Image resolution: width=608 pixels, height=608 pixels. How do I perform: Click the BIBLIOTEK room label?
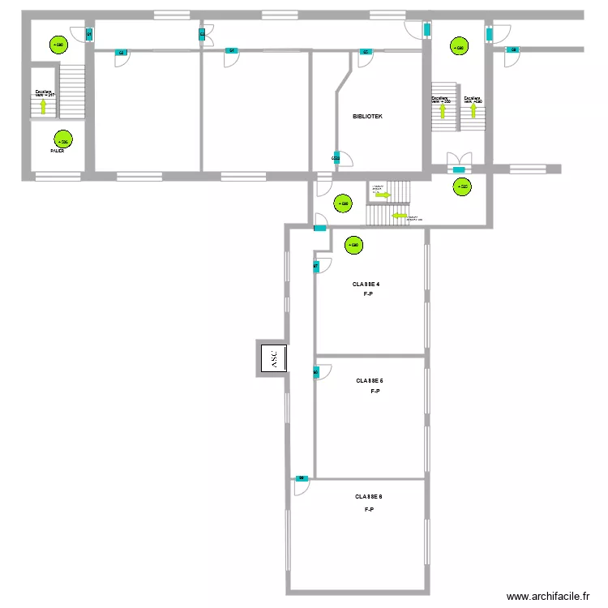pos(367,117)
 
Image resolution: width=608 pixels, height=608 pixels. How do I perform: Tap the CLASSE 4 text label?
pos(366,285)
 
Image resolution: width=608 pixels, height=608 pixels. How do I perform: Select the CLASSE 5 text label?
pos(370,380)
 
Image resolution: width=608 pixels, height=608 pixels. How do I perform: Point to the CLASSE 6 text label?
pos(368,497)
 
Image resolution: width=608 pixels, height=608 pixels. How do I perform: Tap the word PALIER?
pos(57,151)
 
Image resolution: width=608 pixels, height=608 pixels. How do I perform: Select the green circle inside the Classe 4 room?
pos(353,245)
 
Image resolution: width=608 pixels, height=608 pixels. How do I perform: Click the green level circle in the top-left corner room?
pos(57,45)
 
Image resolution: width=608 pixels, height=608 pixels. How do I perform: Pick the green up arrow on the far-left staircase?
pos(44,106)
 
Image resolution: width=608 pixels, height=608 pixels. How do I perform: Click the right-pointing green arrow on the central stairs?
pos(383,195)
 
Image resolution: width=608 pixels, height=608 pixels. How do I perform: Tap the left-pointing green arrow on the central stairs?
pos(399,216)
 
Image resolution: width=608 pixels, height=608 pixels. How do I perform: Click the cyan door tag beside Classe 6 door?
pos(301,478)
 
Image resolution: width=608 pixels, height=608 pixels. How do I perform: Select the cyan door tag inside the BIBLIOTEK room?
pos(335,157)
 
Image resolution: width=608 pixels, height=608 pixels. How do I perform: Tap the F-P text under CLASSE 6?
pos(368,509)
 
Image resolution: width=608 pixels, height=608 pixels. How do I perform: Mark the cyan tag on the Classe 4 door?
pos(316,265)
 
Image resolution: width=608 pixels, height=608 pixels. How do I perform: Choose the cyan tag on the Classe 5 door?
pos(316,373)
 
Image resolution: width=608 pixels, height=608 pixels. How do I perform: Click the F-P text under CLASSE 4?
pos(367,294)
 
